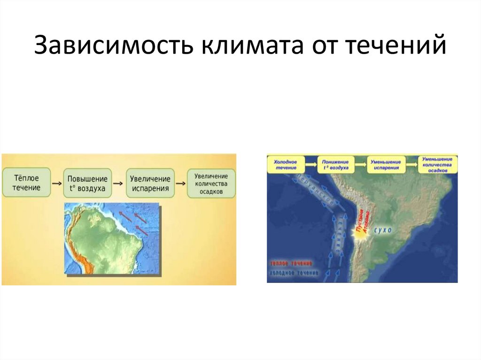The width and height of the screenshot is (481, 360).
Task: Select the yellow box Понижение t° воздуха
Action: point(335,164)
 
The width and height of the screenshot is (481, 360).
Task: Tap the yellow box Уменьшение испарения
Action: point(387,164)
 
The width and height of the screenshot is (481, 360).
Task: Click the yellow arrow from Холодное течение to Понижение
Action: point(310,164)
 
